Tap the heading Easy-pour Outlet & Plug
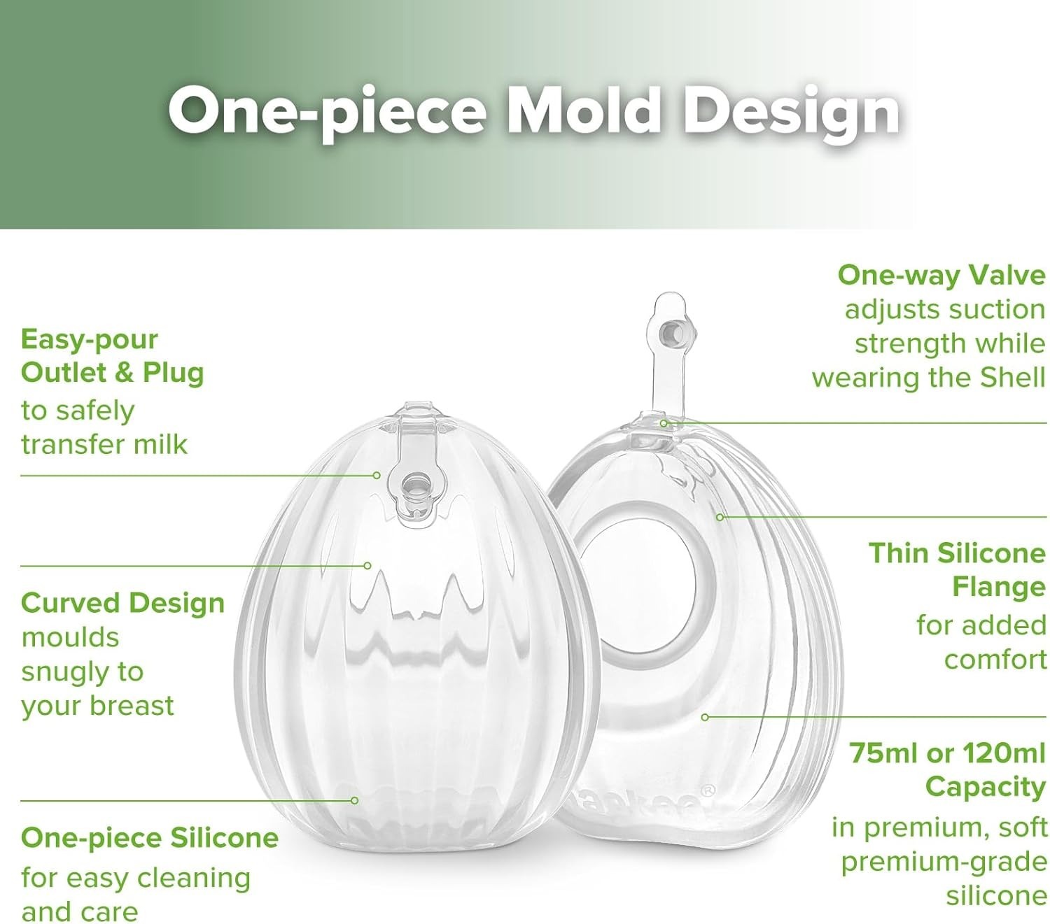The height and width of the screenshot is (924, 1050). [112, 356]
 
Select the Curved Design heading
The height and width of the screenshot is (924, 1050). [122, 603]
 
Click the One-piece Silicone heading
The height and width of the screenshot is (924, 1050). [150, 837]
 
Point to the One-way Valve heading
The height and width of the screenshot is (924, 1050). [941, 275]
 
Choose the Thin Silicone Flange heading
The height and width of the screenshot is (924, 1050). [957, 570]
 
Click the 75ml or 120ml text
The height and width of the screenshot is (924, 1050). [947, 753]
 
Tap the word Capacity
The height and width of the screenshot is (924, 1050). [985, 787]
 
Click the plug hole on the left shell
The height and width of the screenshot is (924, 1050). [416, 485]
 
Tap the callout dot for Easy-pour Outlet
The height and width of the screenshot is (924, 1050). [377, 476]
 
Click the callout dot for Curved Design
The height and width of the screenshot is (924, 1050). [367, 565]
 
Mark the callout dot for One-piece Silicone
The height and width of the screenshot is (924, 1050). [355, 800]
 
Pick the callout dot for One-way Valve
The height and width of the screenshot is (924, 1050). [664, 423]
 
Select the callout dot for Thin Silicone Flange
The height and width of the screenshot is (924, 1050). [720, 517]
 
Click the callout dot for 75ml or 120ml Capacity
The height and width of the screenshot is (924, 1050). [705, 717]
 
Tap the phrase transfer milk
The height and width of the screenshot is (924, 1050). [104, 445]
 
